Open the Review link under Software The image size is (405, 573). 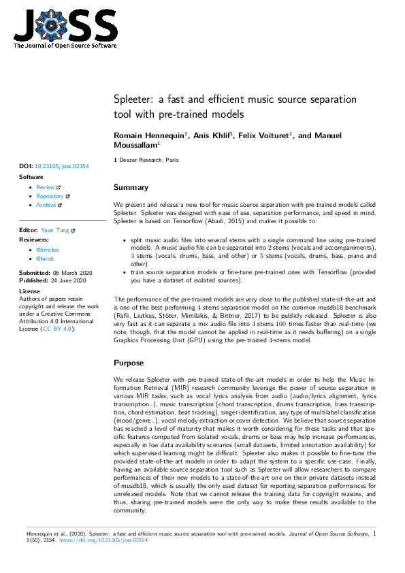(46, 187)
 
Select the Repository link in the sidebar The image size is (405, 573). (50, 196)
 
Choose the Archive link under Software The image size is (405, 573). (46, 205)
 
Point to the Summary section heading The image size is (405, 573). (131, 187)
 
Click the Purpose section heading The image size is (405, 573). (129, 363)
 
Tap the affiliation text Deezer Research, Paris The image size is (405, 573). (145, 160)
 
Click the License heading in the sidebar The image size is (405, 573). (30, 290)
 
